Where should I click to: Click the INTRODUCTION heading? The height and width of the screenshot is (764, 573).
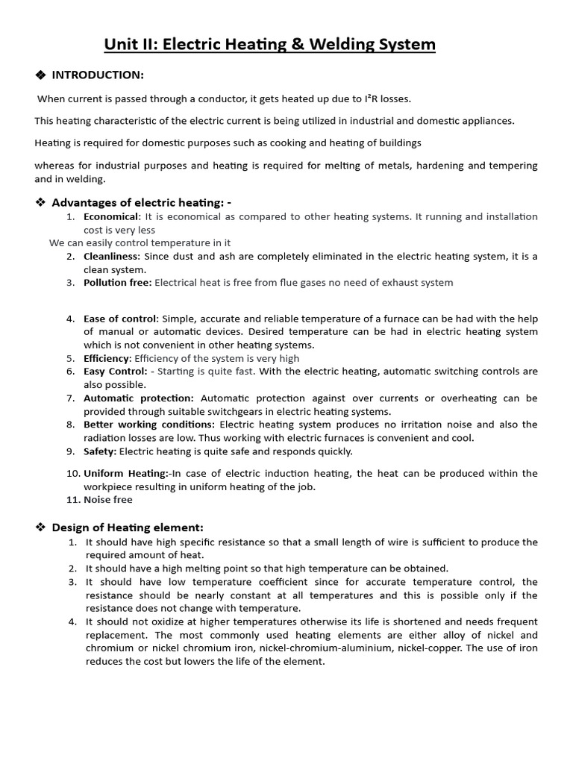[x=98, y=75]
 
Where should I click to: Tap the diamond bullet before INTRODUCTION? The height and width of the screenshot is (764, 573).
[x=41, y=75]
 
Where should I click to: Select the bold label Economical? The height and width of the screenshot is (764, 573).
[x=111, y=216]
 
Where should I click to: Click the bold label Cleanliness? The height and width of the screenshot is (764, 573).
[x=111, y=256]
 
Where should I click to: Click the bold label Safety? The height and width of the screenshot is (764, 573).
[x=99, y=451]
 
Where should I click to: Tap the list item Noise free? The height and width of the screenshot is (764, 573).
[x=107, y=500]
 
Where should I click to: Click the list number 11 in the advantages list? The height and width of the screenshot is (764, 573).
[x=72, y=500]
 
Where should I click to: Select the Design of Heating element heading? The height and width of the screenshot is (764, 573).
[x=127, y=527]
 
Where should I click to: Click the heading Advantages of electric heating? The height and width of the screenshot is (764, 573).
[x=142, y=202]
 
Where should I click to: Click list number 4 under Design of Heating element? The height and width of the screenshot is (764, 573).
[x=72, y=621]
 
